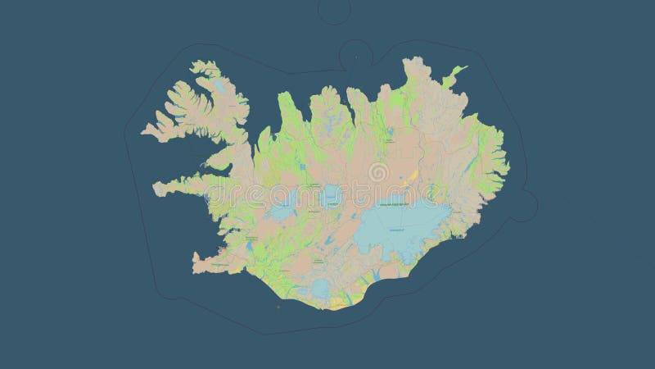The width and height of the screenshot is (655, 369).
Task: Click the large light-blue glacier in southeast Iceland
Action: [x=405, y=222]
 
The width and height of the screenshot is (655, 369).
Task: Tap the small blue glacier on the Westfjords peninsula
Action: [x=219, y=84]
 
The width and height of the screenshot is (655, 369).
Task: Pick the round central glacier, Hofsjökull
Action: [x=331, y=195]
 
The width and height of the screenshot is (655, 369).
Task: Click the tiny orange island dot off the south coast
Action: [x=278, y=308]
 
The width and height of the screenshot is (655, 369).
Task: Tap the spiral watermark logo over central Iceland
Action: [x=378, y=173]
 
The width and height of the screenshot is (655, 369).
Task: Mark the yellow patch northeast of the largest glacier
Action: [x=413, y=175]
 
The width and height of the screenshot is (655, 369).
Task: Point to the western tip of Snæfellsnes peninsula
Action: [x=154, y=187]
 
